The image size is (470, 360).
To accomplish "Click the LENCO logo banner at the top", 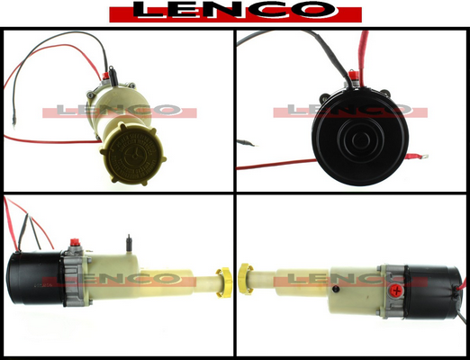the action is click(x=235, y=12).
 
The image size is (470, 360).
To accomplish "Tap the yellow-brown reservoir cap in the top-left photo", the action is click(x=132, y=154).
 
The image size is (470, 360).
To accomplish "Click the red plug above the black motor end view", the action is click(x=353, y=76).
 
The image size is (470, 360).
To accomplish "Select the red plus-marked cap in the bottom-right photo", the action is click(x=397, y=291).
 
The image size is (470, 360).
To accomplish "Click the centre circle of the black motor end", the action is click(x=360, y=139).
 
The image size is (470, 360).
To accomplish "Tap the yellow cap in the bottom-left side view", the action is click(x=224, y=283).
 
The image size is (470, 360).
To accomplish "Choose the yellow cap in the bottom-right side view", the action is click(x=245, y=279).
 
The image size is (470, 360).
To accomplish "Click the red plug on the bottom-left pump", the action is click(x=74, y=242).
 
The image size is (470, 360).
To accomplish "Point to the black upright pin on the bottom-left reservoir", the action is click(x=129, y=243).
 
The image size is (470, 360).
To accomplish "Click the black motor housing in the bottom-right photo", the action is click(x=433, y=292).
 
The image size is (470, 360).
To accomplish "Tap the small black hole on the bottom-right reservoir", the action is click(x=335, y=289).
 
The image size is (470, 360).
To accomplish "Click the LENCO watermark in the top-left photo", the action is click(x=120, y=112).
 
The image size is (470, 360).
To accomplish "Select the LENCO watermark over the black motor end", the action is click(x=350, y=111).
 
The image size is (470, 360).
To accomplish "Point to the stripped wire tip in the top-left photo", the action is click(x=14, y=123).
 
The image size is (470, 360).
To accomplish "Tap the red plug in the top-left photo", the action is click(x=105, y=76).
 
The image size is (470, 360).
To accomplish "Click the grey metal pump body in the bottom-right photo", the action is click(x=392, y=291).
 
